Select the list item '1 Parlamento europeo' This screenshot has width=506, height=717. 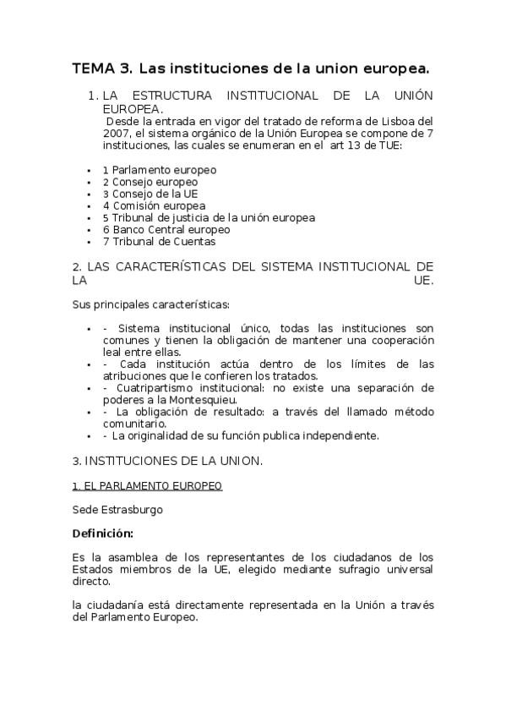pos(160,170)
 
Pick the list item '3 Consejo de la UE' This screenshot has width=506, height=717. pos(150,194)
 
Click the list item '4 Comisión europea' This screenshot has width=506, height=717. pos(154,205)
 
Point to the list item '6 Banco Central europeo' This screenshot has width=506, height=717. pos(166,229)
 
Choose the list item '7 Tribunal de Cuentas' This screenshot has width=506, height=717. pos(159,241)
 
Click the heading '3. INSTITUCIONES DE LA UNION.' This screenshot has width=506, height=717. pos(168,461)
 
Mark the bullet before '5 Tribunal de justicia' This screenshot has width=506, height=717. pos(90,218)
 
